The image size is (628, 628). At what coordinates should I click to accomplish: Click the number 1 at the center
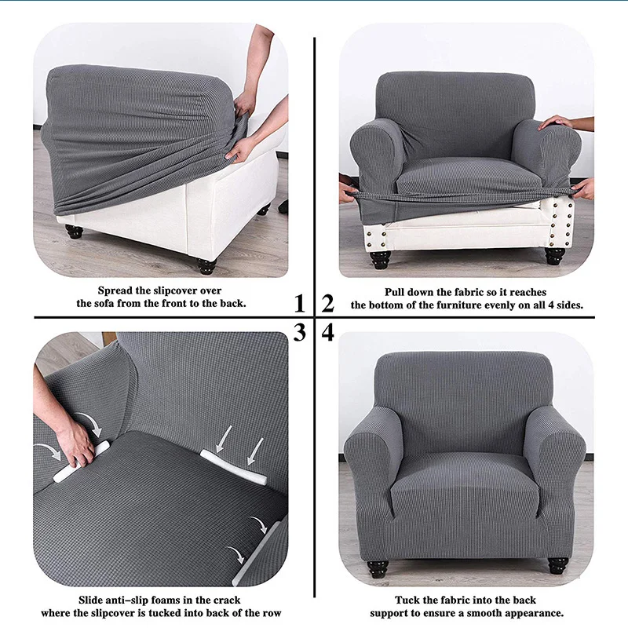click(299, 303)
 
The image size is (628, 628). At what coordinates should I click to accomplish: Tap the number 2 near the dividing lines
click(327, 303)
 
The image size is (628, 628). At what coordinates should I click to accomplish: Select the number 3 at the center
click(299, 333)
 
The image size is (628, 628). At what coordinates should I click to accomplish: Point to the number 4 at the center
click(327, 333)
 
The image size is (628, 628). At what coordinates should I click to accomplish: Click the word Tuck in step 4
click(408, 600)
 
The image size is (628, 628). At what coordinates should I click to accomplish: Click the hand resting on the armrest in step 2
click(556, 122)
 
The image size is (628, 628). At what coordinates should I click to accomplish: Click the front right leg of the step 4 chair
click(558, 565)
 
